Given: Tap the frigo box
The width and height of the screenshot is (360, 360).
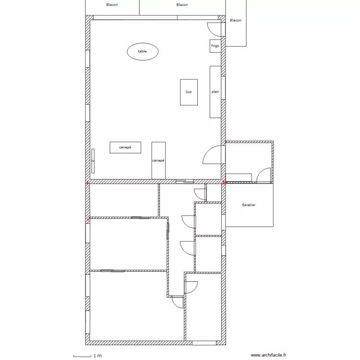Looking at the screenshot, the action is coord(216,46).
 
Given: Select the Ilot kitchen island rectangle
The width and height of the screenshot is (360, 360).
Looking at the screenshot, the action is coord(189,92).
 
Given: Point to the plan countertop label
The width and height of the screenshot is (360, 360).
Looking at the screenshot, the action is coord(215,92).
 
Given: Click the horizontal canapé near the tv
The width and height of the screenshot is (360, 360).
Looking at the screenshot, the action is coord(125,147).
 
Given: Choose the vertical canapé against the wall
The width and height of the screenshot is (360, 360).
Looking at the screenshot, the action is coord(158,160).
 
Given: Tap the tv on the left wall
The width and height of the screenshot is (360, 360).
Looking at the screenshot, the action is coord(93,161).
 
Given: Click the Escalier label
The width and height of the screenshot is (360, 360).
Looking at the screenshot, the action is coord(249,205).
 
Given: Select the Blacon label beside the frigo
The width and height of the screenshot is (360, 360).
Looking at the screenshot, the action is coord(236,20).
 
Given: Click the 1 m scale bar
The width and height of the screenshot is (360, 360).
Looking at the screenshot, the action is coord(82,356).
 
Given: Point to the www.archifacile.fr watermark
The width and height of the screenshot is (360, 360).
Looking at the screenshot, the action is coord(268,355).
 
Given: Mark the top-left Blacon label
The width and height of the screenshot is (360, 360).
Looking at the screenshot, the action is coord(112,5).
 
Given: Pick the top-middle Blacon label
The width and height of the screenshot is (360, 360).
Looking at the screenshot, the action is coord(182,5).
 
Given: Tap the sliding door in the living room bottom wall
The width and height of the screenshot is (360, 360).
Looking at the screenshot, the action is coord(185,181).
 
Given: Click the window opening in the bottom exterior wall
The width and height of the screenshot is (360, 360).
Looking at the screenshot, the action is coord(204,343).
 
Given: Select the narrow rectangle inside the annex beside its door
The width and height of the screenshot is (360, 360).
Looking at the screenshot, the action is coord(239,178).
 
